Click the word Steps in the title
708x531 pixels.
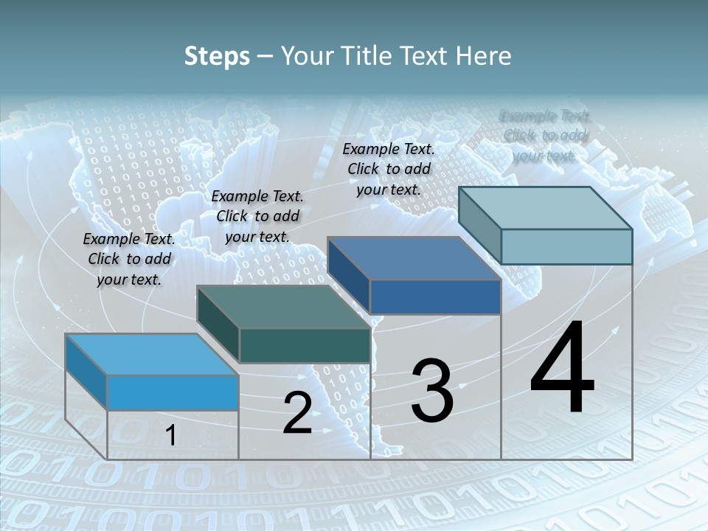217,57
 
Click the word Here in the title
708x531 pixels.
484,57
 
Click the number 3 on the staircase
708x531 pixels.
431,390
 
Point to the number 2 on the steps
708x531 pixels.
297,413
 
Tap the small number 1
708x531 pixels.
170,436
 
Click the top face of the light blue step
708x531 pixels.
151,354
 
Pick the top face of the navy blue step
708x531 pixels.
414,258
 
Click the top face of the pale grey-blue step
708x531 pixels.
545,207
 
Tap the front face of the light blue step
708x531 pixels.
173,392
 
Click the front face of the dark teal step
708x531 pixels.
305,345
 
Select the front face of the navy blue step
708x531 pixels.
435,296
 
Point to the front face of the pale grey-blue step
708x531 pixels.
566,246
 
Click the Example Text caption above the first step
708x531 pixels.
129,259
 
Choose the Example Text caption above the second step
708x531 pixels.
257,216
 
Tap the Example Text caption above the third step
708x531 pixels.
389,169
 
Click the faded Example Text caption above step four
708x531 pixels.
545,136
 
